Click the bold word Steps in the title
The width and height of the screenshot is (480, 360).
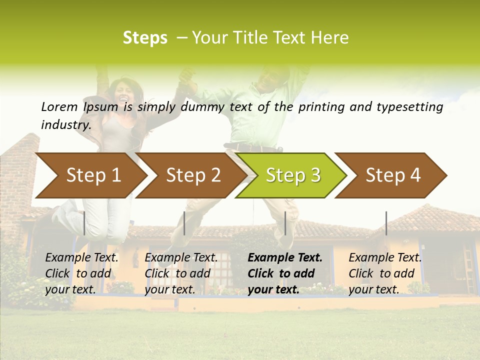point(145,38)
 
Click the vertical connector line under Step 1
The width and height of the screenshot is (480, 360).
point(84,223)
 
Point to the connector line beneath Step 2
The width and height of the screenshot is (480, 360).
point(184,223)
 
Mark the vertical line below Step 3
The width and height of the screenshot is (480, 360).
point(285,223)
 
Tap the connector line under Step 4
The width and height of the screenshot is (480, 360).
point(386,223)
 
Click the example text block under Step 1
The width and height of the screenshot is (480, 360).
point(81,273)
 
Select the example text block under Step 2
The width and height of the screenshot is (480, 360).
point(181,273)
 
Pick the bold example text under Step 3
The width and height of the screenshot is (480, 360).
point(285,273)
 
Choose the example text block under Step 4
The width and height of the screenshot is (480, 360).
point(385,273)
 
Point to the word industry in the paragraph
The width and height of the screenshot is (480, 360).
point(65,124)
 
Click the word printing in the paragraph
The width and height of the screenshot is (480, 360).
point(321,107)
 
